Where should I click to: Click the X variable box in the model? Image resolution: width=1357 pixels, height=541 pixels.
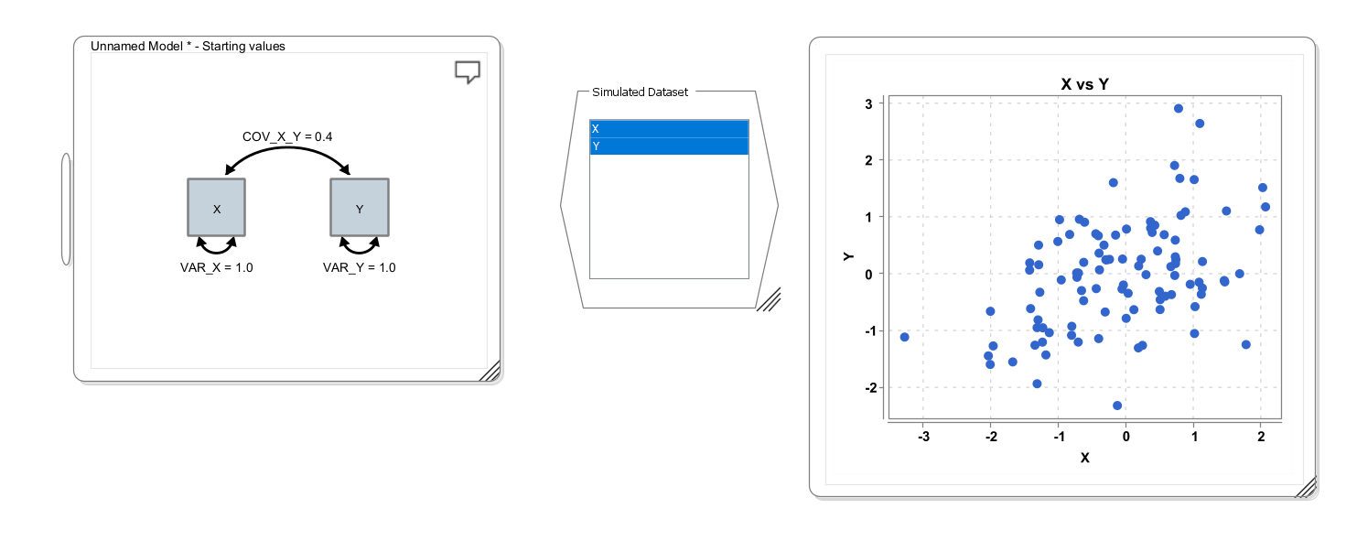click(x=216, y=207)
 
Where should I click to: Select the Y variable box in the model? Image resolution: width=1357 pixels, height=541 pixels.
click(x=360, y=207)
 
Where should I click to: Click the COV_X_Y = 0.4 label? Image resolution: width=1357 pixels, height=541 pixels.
click(x=287, y=137)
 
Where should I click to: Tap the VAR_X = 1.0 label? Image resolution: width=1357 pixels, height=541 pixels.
click(x=216, y=268)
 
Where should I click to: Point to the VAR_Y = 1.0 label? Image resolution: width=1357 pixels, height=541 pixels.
click(x=360, y=268)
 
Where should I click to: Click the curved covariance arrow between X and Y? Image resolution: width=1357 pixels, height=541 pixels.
click(x=287, y=147)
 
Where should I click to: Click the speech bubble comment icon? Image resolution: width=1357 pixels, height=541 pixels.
click(x=468, y=72)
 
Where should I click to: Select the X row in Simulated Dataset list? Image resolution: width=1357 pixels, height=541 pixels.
click(x=669, y=128)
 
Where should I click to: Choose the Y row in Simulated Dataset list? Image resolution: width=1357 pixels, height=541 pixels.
click(x=669, y=146)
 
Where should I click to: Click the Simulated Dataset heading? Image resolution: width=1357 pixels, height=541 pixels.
click(x=640, y=92)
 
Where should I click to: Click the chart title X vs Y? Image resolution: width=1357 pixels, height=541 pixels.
click(x=1084, y=84)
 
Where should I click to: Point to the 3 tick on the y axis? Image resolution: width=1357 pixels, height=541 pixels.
click(x=868, y=104)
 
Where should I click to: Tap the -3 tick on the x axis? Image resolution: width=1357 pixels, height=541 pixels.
click(x=923, y=437)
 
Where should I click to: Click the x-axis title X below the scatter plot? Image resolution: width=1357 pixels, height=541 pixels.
click(x=1084, y=458)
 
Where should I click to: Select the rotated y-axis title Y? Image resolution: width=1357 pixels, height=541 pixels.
click(x=848, y=257)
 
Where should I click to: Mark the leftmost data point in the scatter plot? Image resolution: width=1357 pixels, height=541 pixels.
click(x=904, y=337)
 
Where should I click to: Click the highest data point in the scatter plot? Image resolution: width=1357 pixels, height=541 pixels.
click(x=1179, y=108)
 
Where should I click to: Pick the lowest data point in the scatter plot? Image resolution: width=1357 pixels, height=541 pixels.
click(x=1117, y=406)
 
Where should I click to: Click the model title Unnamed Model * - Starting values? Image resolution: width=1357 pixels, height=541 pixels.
click(x=188, y=46)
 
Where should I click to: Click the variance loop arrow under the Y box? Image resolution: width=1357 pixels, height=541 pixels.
click(x=360, y=250)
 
